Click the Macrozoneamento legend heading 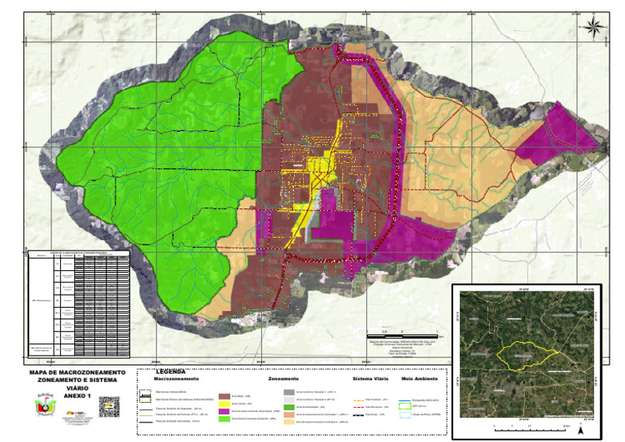[x=177, y=379]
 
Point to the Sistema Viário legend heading [x=371, y=379]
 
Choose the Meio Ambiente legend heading [x=420, y=379]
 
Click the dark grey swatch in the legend [x=289, y=392]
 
